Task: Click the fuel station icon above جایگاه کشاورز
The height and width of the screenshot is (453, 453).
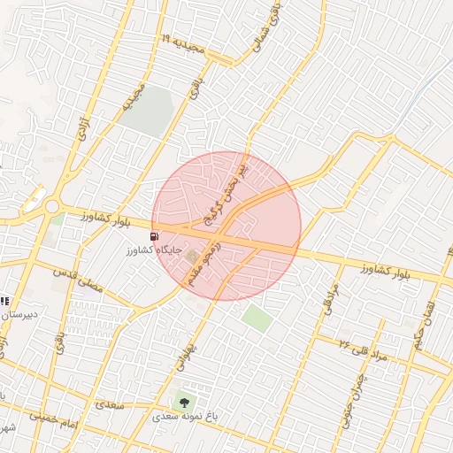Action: click(x=156, y=236)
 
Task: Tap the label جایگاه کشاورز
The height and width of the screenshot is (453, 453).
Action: click(x=156, y=250)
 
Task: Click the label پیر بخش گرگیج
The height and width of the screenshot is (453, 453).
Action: click(x=228, y=191)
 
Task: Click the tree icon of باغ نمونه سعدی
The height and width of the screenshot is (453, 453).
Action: click(x=184, y=403)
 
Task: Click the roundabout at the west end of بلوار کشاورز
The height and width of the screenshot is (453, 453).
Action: click(x=51, y=207)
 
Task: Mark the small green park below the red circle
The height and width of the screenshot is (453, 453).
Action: click(x=257, y=318)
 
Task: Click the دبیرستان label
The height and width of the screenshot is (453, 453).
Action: click(x=18, y=314)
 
